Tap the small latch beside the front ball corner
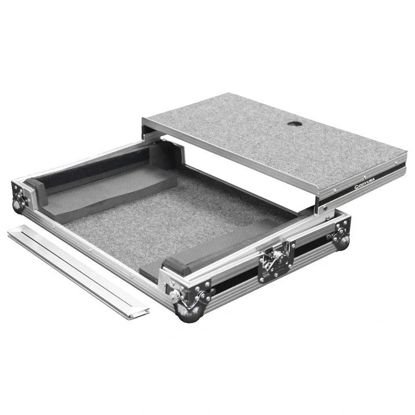[175, 295]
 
